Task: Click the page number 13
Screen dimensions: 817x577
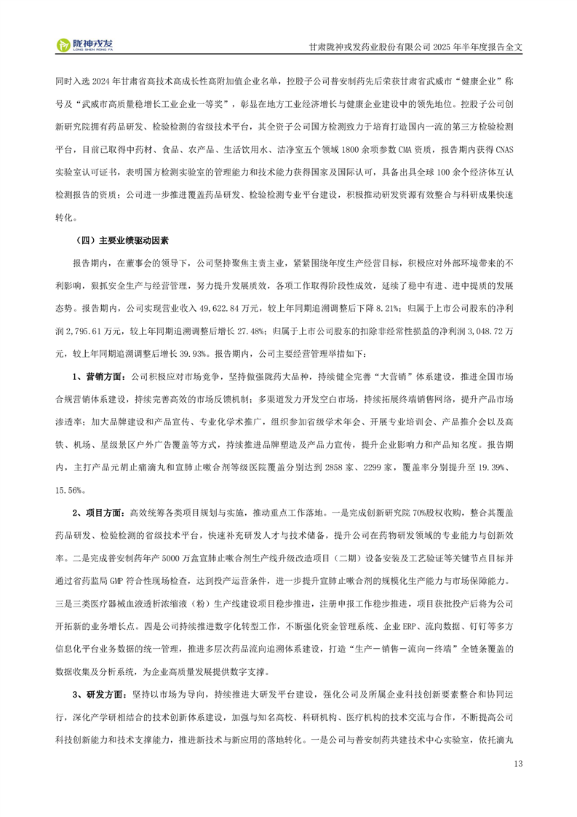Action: coord(518,763)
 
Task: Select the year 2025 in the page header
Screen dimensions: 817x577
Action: coord(446,45)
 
